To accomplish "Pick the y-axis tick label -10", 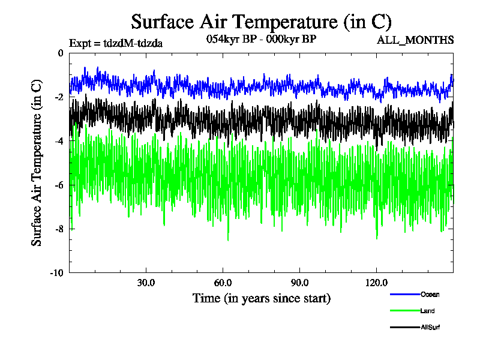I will coord(58,272).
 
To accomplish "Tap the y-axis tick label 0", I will coord(61,53).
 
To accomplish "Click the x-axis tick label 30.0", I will coord(146,283).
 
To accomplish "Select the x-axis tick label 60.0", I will coord(223,283).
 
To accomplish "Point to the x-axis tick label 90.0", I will coord(299,283).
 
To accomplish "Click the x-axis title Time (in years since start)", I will coord(261,298).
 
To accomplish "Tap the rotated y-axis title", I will coord(37,163).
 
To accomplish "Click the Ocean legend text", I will coord(430,294).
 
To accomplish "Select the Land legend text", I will coord(428,311).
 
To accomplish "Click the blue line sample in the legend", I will coord(404,294).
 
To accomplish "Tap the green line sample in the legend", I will coord(404,311).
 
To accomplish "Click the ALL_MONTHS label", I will coord(415,40).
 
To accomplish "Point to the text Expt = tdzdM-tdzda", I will coord(116,43).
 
